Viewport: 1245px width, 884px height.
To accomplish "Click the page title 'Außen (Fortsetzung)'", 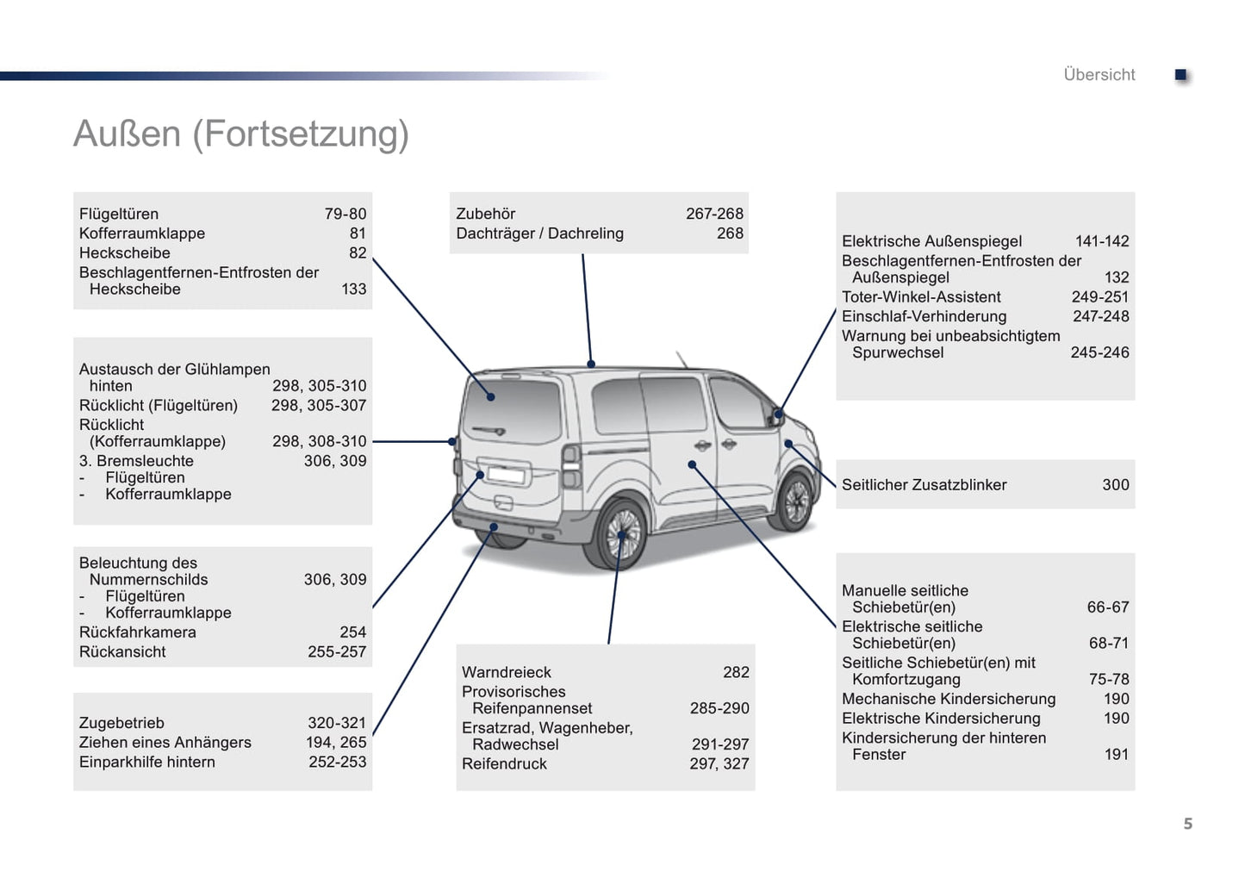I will (241, 134).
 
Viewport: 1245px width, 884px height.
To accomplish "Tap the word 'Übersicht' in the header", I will (1099, 75).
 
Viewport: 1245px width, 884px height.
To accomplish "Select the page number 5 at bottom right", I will (1187, 825).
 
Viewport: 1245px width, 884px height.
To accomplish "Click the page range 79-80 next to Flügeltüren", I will (345, 214).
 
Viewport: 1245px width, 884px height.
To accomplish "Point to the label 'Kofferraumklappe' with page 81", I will (142, 233).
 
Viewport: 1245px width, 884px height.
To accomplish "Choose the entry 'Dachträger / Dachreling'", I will (539, 233).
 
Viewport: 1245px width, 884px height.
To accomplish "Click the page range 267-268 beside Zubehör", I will (714, 214).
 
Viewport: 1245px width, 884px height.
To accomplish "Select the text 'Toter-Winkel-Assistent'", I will (921, 297).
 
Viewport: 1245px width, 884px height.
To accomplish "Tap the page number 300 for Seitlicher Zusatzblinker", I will (1115, 485).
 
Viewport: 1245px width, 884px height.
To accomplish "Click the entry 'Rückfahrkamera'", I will (138, 632).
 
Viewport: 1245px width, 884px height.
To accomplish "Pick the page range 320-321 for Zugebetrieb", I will (337, 723).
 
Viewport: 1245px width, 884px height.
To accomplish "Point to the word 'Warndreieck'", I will (507, 672).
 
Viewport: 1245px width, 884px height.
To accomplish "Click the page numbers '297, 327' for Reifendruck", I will (719, 763).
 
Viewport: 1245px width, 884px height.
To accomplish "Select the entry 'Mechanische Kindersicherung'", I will (949, 699).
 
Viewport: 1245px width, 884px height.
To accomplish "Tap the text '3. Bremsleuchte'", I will (136, 461).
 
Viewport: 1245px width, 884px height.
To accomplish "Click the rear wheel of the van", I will (619, 534).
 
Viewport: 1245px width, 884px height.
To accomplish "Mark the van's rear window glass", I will (513, 409).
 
